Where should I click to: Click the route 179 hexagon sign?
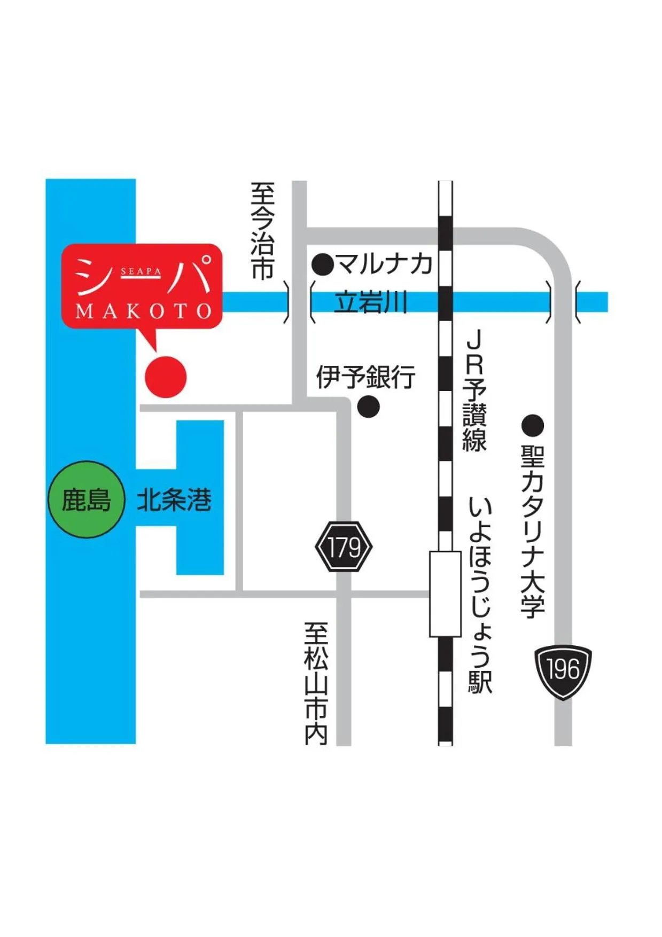(x=344, y=547)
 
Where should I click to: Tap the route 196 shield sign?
(x=563, y=671)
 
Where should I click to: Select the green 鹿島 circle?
(x=86, y=500)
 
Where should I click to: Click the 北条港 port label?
(x=174, y=501)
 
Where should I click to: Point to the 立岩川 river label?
(x=370, y=302)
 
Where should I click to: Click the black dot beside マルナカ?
(x=323, y=264)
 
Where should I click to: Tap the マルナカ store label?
(x=384, y=264)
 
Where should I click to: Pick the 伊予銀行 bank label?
(x=365, y=377)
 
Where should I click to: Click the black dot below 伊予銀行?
(x=368, y=407)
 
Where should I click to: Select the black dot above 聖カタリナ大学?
(x=532, y=426)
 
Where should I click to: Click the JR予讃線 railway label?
(x=474, y=391)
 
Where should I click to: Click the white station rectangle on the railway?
(x=445, y=594)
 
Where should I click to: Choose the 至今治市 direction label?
(x=263, y=231)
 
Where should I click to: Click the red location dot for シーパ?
(x=166, y=377)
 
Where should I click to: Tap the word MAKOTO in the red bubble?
(x=143, y=311)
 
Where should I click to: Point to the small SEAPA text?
(x=141, y=271)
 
